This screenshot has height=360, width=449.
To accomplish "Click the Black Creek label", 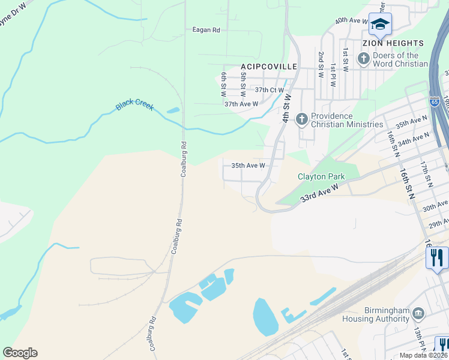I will pos(134,106).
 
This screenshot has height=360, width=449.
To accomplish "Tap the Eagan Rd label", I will pos(206,29).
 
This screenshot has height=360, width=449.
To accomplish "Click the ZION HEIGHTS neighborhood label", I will pos(393,43).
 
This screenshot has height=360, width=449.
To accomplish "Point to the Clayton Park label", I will pos(322,176).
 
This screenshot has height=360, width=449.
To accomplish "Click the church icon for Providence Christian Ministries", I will pos(301,119).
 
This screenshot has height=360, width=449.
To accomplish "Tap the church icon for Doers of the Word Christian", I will pos(363,59).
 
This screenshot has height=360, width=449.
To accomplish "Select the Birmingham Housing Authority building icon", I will pos(418,313).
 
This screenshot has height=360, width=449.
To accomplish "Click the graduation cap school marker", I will pos(380,24).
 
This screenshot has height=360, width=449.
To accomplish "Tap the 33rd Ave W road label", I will pos(320,194).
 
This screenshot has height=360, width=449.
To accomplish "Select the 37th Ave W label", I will pos(241,104).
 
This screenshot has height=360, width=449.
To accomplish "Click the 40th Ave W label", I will pos(352,20).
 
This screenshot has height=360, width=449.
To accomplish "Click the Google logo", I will pos(20,352).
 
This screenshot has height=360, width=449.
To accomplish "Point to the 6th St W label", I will pos(223,84).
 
